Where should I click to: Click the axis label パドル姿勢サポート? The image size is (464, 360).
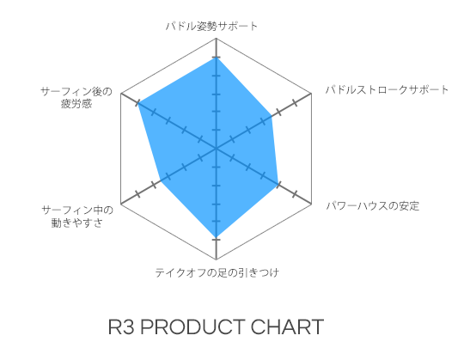211,26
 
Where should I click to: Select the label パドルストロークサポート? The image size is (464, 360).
387,89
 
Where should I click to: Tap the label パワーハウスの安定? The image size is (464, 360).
373,205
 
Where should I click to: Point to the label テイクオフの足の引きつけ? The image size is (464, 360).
217,272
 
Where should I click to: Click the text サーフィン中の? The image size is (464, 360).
77,210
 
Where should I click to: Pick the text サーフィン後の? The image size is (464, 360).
76,91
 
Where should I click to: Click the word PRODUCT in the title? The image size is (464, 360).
192,327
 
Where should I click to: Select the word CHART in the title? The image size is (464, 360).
287,327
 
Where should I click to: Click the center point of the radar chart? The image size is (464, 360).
217,149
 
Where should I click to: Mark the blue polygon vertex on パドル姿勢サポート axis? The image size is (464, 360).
217,57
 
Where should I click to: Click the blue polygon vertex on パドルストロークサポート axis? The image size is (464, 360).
272,116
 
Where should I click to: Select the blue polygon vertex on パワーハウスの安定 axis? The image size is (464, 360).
278,184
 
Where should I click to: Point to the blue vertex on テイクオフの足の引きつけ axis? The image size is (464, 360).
217,237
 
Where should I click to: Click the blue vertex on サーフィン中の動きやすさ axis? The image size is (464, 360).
160,181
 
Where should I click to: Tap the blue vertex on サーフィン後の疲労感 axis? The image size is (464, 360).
137,103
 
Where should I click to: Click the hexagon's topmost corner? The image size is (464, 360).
217,38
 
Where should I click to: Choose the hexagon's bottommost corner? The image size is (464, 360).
217,259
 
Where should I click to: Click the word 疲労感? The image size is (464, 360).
76,104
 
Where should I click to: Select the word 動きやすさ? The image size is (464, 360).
77,223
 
